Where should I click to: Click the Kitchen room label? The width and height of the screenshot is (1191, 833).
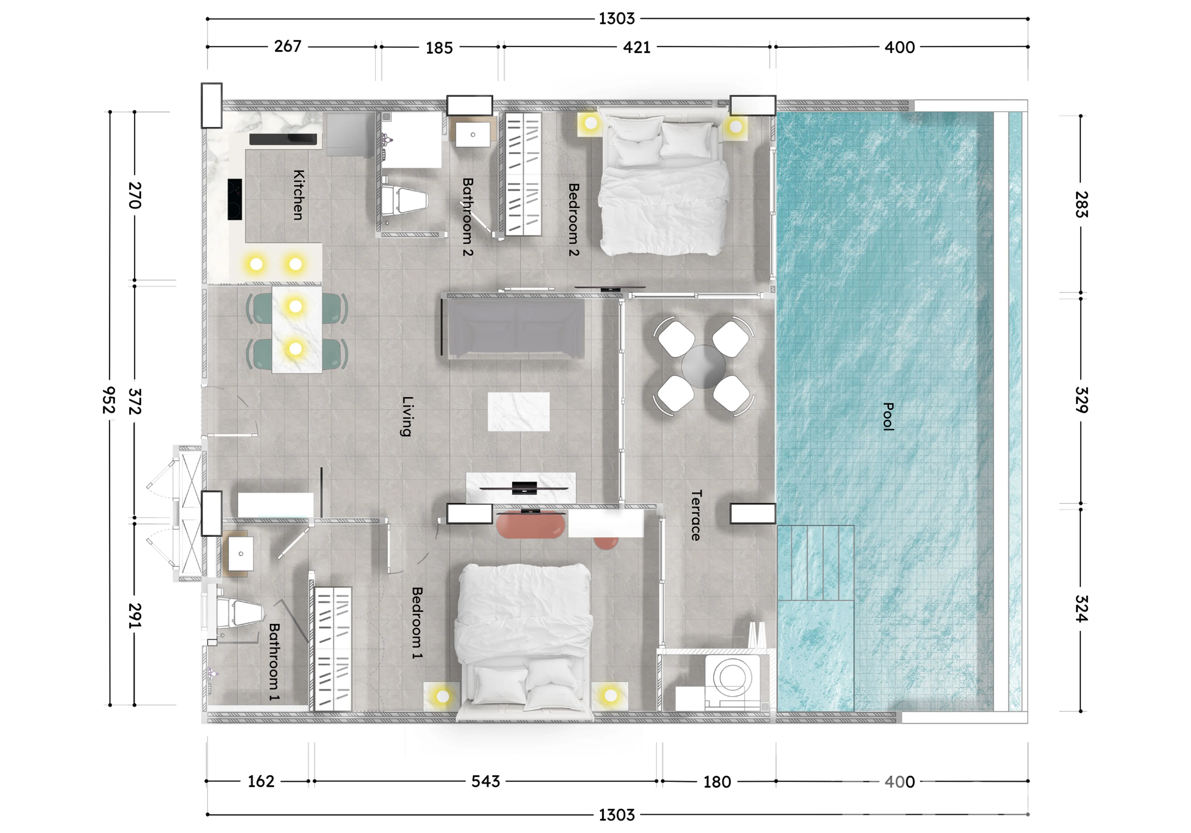pyautogui.click(x=298, y=195)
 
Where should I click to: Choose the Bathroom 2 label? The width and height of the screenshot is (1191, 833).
pyautogui.click(x=467, y=217)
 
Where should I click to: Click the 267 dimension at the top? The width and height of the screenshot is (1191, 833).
pyautogui.click(x=288, y=47)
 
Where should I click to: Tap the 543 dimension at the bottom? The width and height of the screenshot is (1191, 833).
pyautogui.click(x=485, y=781)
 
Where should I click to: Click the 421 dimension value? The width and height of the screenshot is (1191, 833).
pyautogui.click(x=637, y=48)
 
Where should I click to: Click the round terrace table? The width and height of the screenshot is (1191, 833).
pyautogui.click(x=703, y=367)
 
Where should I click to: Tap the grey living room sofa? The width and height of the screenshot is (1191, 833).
pyautogui.click(x=516, y=328)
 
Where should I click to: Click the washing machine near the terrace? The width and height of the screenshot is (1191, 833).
pyautogui.click(x=732, y=682)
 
